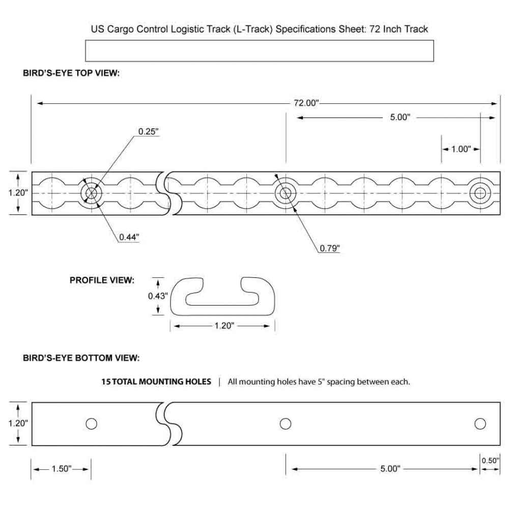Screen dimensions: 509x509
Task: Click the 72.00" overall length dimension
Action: point(306,103)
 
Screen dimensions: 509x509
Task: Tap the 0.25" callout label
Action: point(148,131)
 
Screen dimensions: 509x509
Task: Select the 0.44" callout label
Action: point(129,237)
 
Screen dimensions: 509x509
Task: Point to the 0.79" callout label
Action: point(330,248)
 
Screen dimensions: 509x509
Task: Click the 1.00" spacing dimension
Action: point(461,149)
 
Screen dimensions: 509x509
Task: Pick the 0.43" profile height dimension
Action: point(158,296)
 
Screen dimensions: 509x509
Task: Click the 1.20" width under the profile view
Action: point(224,326)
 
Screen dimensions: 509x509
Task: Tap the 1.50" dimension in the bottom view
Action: point(62,469)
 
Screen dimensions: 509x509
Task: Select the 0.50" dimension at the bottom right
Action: point(490,460)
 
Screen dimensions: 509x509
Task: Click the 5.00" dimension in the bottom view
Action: point(390,469)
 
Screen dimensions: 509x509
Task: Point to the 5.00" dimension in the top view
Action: point(400,117)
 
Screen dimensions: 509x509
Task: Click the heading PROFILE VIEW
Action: point(102,280)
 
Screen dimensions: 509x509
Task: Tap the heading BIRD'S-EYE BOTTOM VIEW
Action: point(81,358)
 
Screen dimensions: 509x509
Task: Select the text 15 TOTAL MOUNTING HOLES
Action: point(156,381)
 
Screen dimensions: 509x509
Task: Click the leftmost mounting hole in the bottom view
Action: point(91,423)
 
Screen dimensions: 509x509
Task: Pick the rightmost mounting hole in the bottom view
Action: point(480,423)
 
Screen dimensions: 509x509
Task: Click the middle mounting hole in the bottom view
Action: point(286,423)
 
